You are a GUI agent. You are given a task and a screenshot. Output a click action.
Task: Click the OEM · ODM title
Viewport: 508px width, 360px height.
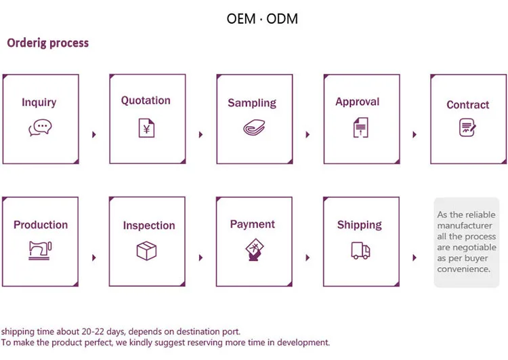(262, 18)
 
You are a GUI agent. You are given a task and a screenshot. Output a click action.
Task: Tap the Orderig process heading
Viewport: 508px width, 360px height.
(47, 43)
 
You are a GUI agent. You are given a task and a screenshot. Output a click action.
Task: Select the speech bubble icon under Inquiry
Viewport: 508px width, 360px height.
(39, 127)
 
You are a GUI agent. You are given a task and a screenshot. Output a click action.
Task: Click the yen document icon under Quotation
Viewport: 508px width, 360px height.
(146, 127)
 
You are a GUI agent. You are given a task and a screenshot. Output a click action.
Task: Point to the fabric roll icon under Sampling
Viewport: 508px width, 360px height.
(252, 128)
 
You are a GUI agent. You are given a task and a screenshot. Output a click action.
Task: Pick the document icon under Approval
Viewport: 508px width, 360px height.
(360, 127)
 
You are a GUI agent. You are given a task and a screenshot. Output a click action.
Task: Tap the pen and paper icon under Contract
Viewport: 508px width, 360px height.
(467, 127)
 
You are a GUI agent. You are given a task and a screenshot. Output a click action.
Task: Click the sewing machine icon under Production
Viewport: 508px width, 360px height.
(40, 250)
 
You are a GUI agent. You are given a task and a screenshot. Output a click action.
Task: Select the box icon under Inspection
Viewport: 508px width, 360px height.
(147, 251)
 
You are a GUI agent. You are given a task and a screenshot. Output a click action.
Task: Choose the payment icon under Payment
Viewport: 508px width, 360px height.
(253, 250)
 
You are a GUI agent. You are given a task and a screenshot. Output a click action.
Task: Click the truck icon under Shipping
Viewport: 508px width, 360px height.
(360, 250)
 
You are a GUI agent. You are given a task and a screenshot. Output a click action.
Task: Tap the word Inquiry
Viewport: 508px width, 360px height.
(39, 102)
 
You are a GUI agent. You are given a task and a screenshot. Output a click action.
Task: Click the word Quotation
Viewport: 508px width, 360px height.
(146, 100)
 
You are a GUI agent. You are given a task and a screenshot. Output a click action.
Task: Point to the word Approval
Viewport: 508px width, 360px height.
(358, 102)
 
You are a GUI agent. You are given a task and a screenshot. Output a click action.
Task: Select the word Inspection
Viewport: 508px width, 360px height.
(149, 225)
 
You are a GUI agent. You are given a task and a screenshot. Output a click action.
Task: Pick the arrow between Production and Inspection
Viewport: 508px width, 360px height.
(93, 258)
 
